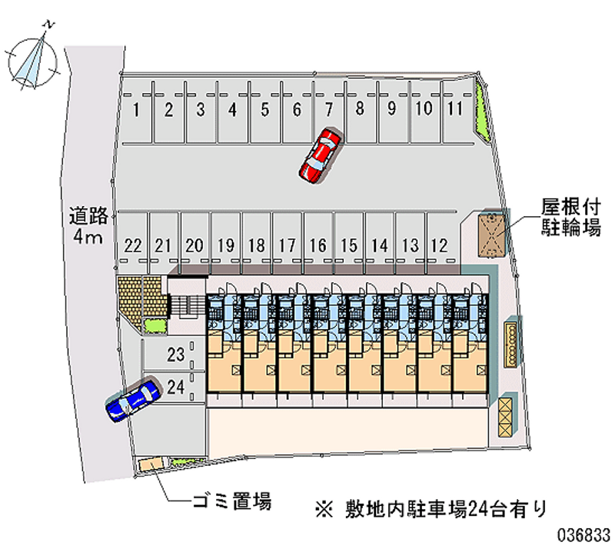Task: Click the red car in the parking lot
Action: pos(320,155)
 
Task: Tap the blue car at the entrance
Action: pos(133,400)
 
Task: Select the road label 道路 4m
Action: pos(88,225)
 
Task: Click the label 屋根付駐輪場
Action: pos(570,217)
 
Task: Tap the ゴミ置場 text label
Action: pos(232,501)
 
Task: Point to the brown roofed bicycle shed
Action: pos(490,235)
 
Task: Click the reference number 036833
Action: pos(583,534)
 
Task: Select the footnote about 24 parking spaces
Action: pos(431,510)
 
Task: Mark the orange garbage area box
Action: pos(151,464)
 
